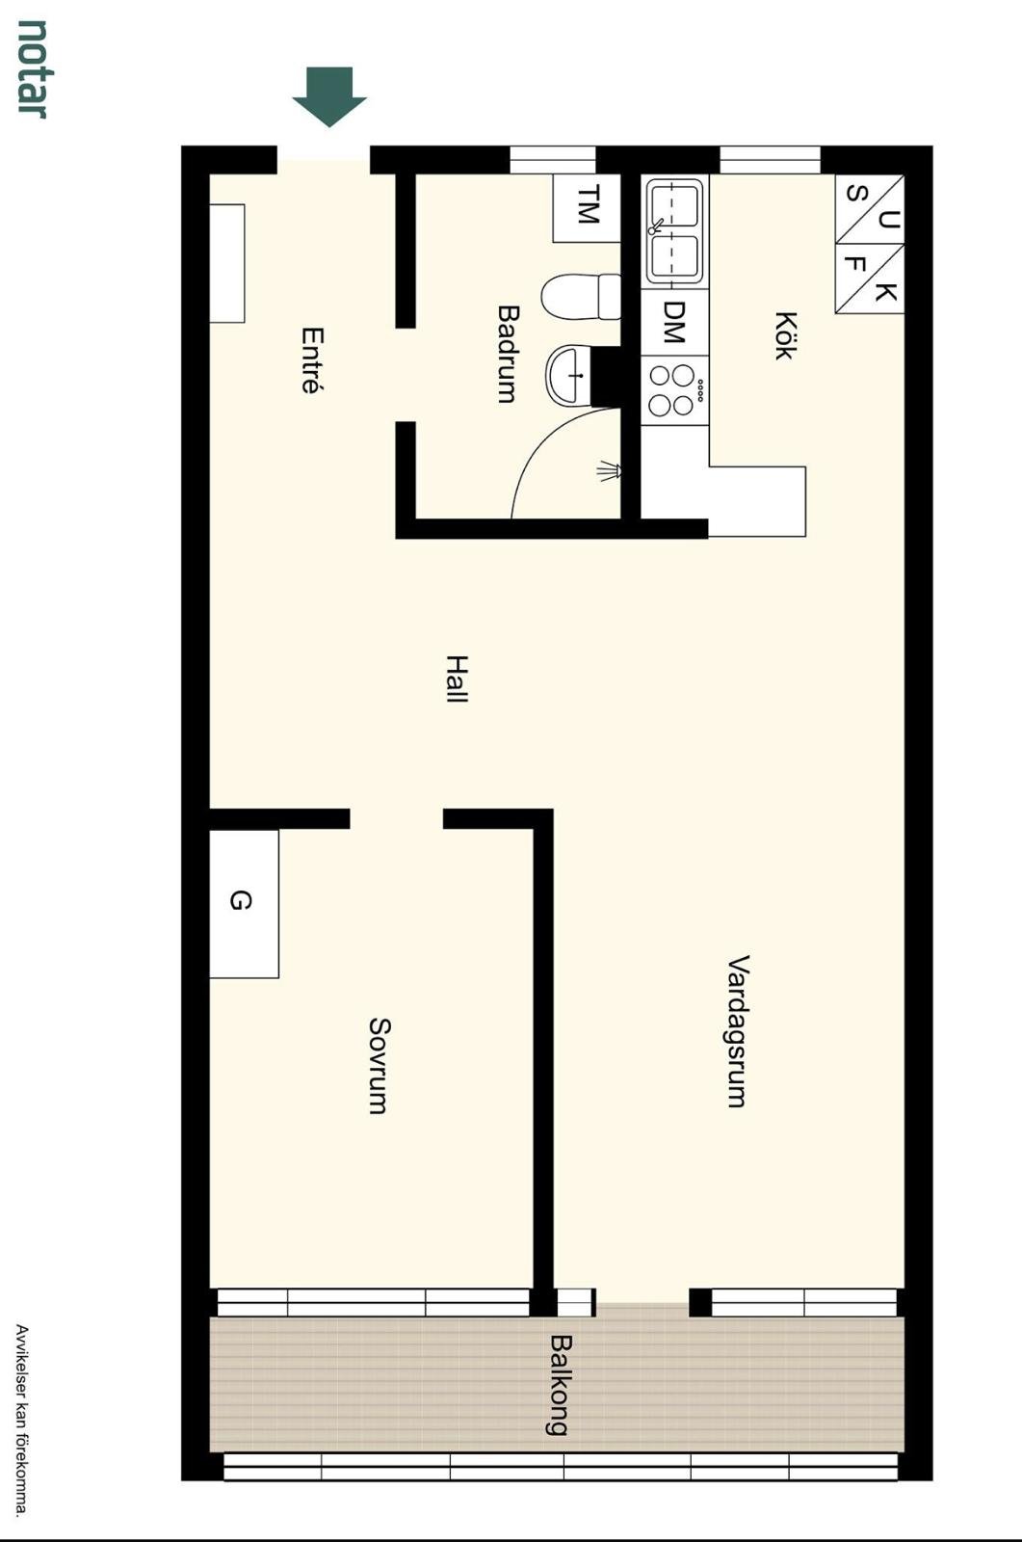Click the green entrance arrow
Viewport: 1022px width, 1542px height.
click(329, 96)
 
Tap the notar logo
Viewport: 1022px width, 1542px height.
click(32, 68)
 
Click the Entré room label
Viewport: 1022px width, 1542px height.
click(312, 360)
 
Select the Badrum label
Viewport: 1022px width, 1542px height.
click(508, 354)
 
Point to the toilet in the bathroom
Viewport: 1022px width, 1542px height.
click(581, 297)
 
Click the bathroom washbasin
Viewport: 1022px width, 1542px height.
click(568, 376)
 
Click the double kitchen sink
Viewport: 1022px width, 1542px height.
click(674, 231)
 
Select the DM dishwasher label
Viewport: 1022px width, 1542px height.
click(674, 322)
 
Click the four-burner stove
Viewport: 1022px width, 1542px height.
click(674, 390)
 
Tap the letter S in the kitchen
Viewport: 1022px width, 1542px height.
click(854, 194)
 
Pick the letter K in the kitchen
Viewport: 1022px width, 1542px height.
click(886, 292)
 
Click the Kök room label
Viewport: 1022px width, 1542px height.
click(786, 335)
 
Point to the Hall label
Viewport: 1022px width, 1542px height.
click(457, 678)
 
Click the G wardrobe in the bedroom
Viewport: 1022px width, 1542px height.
click(244, 903)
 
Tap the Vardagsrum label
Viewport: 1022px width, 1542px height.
click(738, 1031)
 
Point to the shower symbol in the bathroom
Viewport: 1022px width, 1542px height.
click(610, 471)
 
